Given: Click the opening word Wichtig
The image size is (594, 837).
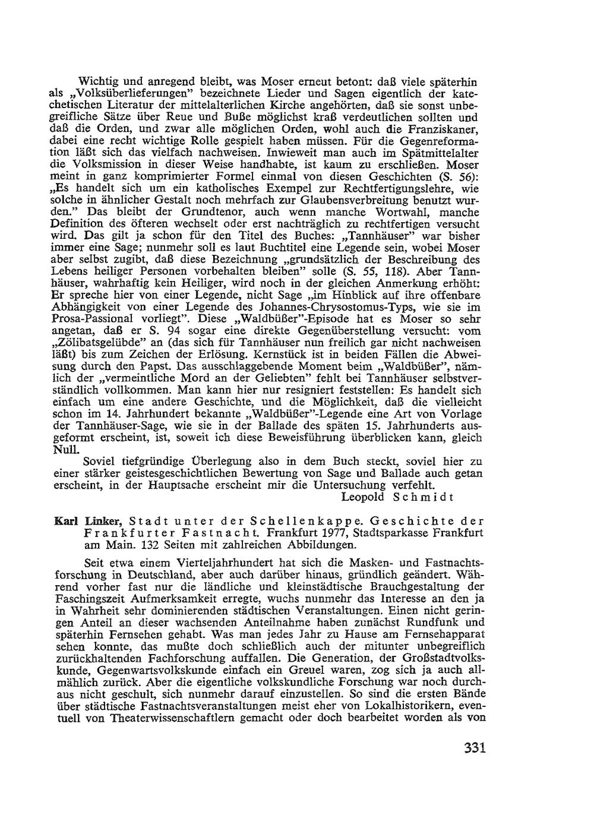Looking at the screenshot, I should (x=102, y=82).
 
